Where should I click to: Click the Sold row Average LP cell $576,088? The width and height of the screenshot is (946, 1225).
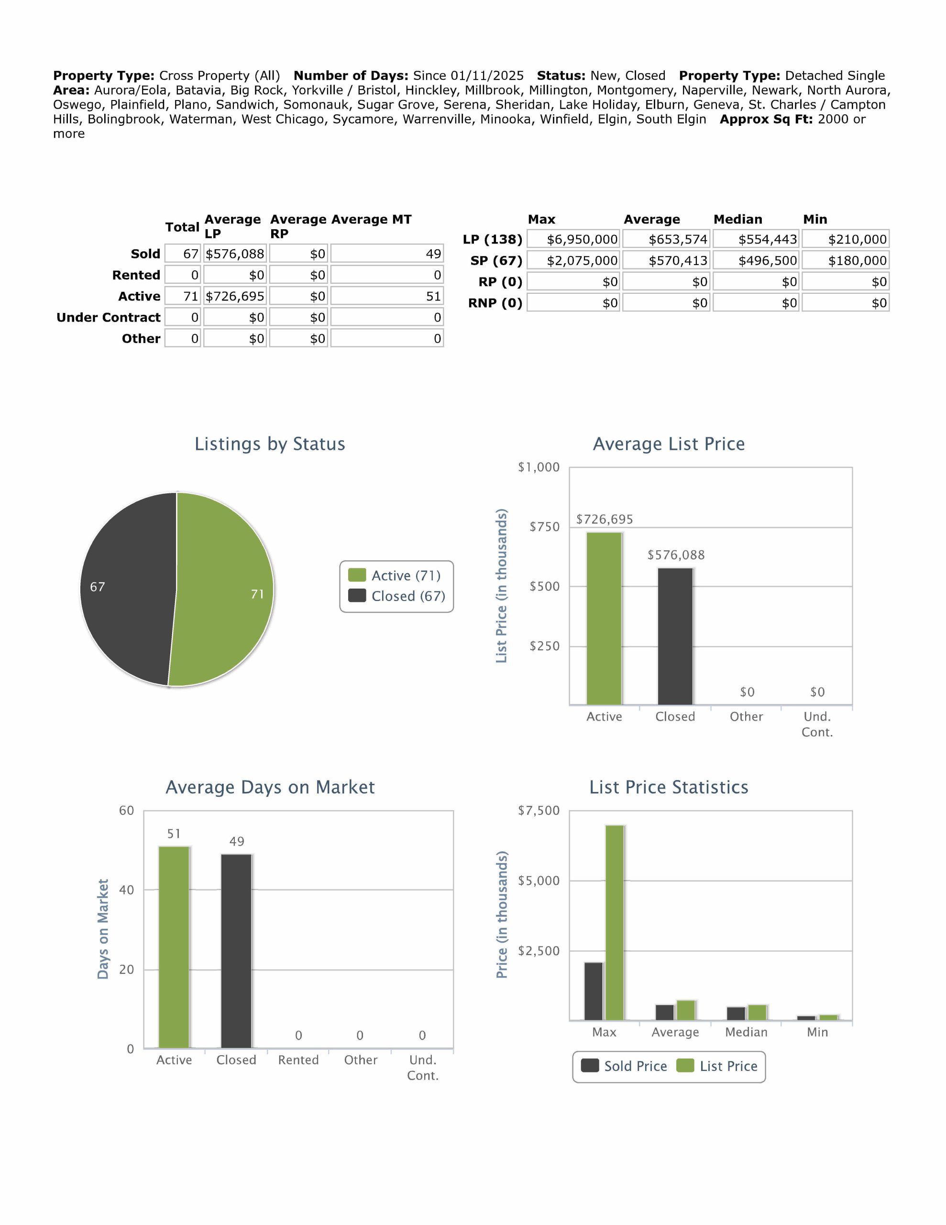click(235, 254)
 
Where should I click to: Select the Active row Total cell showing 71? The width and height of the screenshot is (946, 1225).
click(183, 296)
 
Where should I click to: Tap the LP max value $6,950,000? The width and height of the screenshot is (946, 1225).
click(573, 240)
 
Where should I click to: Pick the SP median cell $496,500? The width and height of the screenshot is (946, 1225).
click(757, 261)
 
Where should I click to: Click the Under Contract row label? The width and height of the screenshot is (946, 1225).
click(108, 317)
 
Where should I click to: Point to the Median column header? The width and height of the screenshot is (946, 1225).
click(737, 219)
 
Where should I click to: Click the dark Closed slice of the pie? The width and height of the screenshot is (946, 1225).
click(129, 589)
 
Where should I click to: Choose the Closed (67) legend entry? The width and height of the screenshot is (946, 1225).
click(397, 596)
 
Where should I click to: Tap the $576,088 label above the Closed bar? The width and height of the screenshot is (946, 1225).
click(676, 555)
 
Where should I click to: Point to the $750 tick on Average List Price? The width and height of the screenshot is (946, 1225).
click(544, 527)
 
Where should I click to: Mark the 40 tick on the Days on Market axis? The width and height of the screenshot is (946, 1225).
click(127, 890)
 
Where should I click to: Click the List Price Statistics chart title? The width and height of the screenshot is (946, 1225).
click(669, 788)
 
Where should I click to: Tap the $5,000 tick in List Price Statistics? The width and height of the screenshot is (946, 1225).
click(539, 880)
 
